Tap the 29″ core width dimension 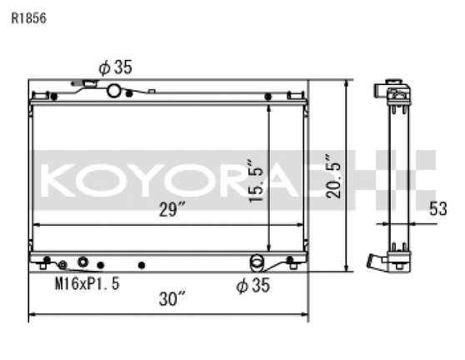(170, 211)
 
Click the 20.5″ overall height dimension (335, 175)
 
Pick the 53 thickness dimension (439, 209)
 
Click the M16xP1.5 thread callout (87, 283)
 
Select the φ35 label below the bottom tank (252, 285)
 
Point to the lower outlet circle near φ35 (258, 263)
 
